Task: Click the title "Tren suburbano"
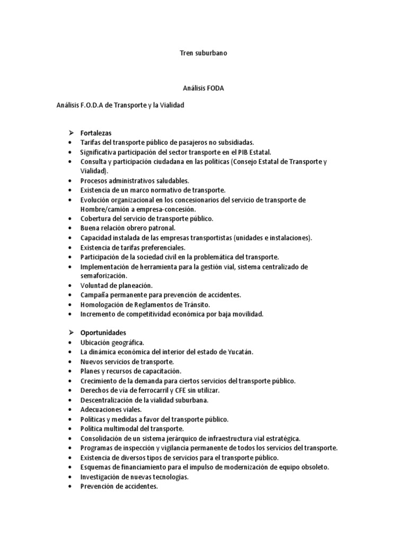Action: click(203, 54)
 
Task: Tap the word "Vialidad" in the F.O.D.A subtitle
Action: click(170, 106)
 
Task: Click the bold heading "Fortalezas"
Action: click(96, 133)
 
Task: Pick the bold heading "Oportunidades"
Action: click(103, 333)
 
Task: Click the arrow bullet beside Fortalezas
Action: click(70, 133)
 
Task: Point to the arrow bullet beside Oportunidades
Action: click(70, 333)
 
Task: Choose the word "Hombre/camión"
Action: click(103, 209)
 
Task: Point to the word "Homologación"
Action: click(103, 304)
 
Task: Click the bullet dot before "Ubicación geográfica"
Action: click(70, 343)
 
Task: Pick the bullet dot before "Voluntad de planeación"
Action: click(70, 285)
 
